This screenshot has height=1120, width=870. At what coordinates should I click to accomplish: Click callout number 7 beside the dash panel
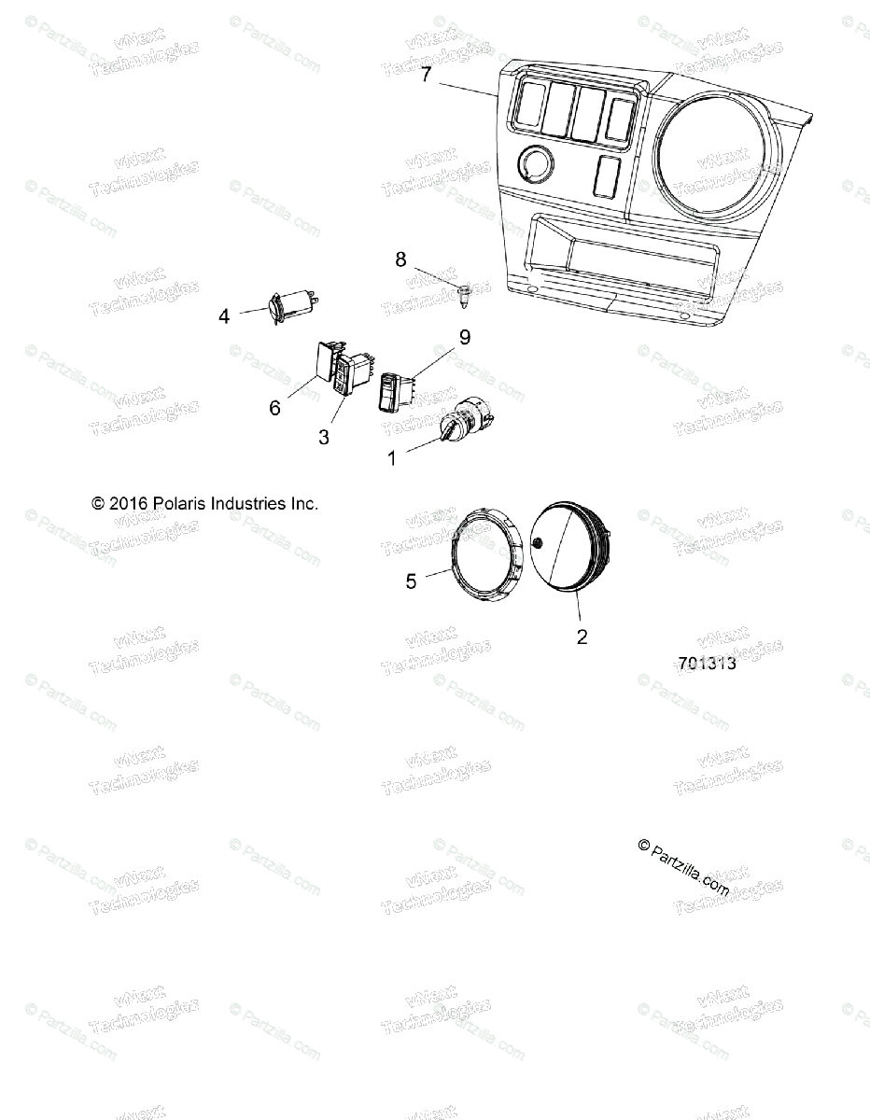426,76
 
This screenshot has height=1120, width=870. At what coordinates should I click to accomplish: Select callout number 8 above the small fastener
401,259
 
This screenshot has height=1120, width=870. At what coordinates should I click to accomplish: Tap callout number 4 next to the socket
224,316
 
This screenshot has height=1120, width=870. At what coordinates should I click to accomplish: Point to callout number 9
464,338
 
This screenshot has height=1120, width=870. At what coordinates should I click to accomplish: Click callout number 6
274,408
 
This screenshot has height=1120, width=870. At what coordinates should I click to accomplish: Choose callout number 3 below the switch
324,436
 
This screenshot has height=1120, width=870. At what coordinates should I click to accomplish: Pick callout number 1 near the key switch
392,458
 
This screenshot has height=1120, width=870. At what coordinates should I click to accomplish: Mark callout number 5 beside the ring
411,581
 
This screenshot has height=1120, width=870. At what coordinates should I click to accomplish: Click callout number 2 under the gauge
582,637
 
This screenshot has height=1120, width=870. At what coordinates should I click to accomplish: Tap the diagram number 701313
707,664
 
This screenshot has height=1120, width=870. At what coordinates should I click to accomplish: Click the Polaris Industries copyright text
205,503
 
